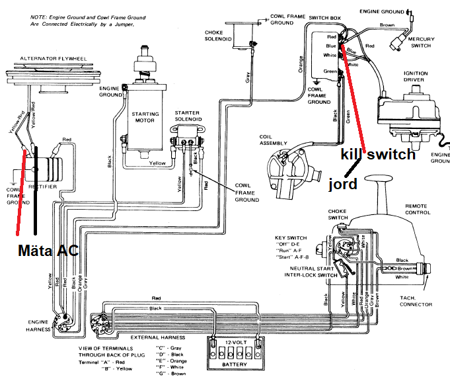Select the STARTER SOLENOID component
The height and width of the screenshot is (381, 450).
188,136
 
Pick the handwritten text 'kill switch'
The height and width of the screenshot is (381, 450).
378,154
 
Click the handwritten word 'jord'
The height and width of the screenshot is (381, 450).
343,184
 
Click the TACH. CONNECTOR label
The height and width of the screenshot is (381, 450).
416,301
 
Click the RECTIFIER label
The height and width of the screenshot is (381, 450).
42,187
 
